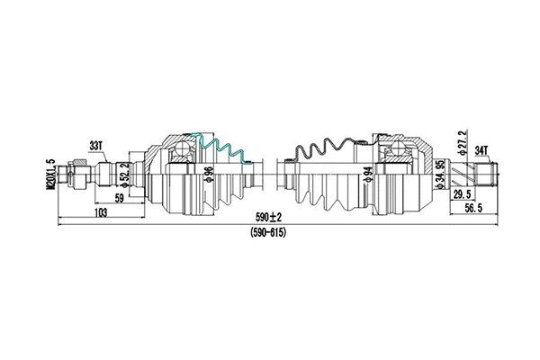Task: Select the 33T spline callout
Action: point(95,144)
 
